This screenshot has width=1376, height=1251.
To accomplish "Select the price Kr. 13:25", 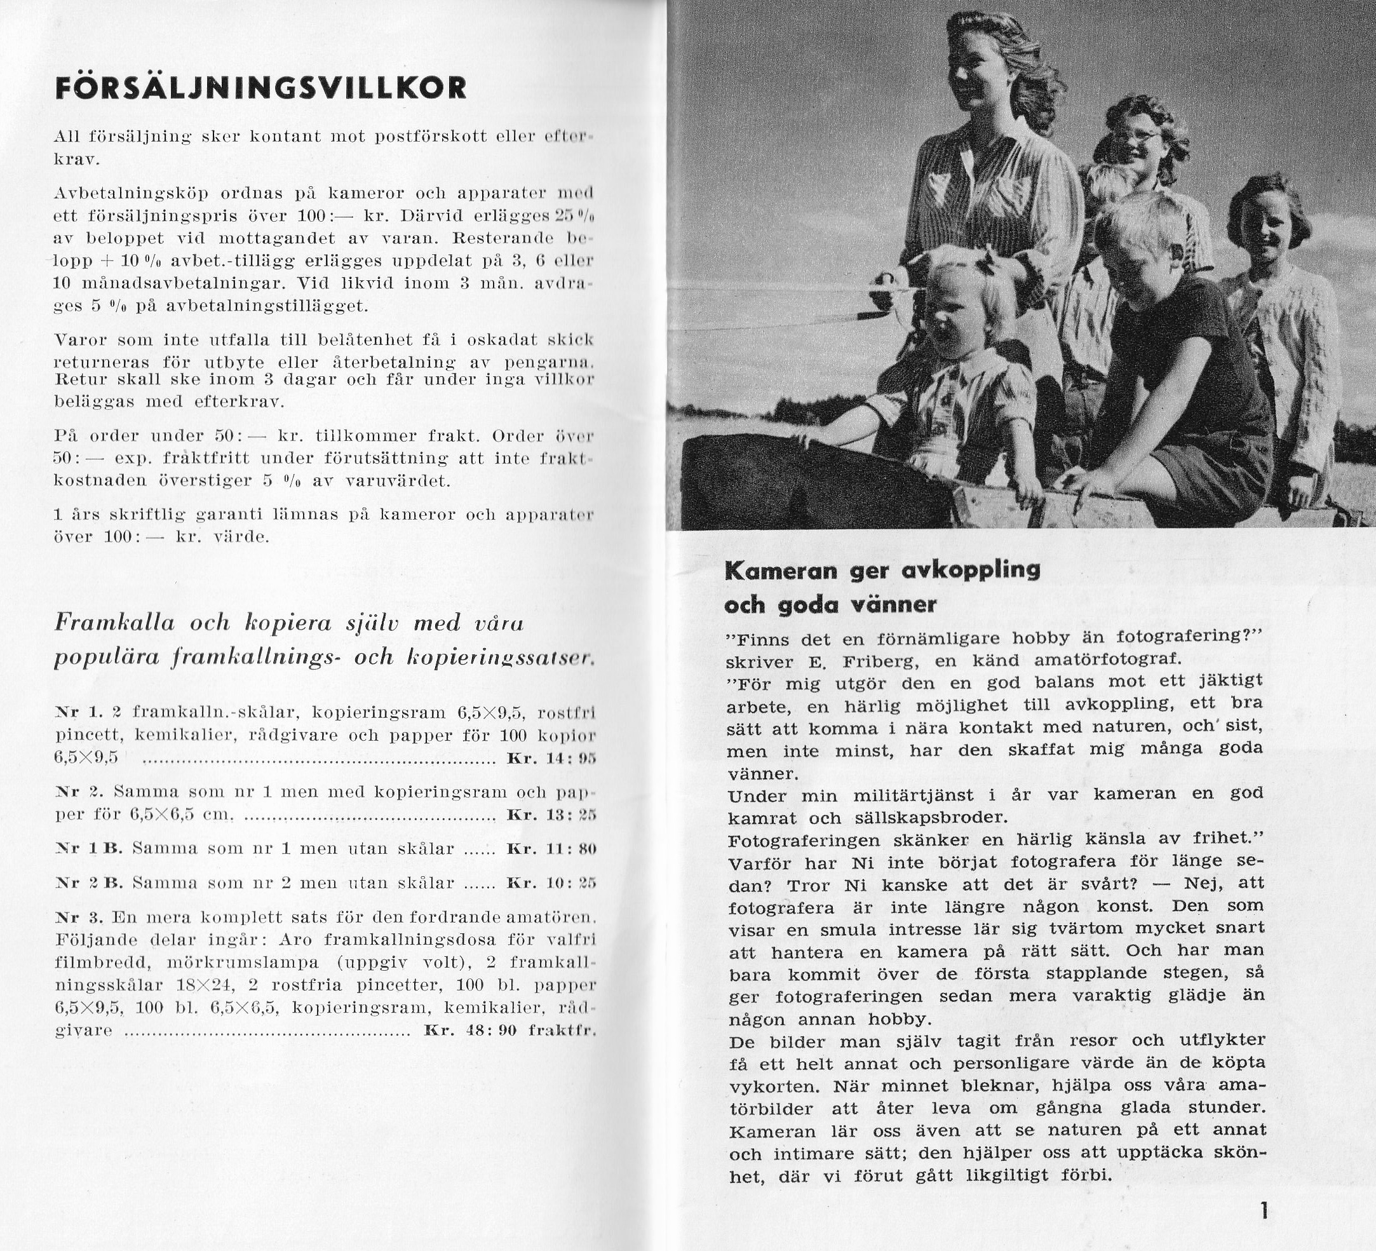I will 551,815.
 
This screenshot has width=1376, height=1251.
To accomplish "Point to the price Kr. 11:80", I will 551,849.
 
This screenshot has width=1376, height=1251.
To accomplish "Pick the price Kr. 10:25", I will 551,883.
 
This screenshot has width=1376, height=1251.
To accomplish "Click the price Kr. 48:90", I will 470,1031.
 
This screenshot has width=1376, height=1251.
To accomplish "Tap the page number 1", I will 1264,1211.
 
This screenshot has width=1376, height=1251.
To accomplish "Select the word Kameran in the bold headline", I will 781,571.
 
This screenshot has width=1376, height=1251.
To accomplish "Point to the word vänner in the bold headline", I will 891,605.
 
